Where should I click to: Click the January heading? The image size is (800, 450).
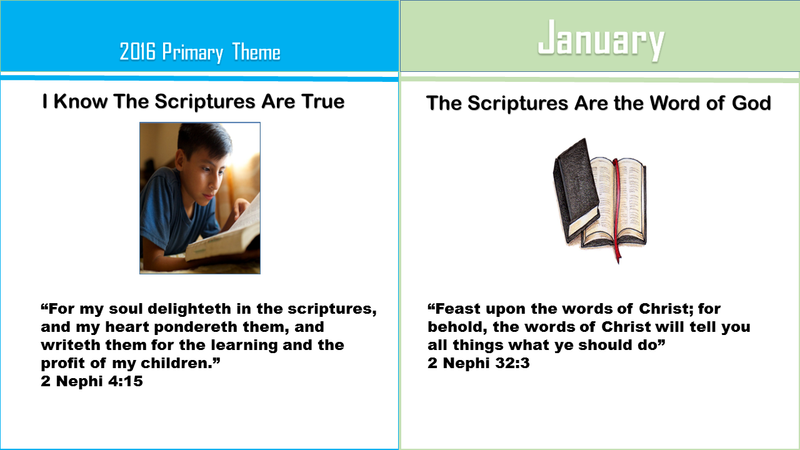601,41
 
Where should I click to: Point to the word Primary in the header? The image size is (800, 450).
192,54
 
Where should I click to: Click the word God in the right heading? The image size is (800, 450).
752,103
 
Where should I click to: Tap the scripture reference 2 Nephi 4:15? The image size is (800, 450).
92,381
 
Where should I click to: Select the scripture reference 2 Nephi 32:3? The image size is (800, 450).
479,363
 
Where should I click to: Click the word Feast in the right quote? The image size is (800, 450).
459,309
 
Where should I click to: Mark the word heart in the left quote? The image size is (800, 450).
125,327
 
